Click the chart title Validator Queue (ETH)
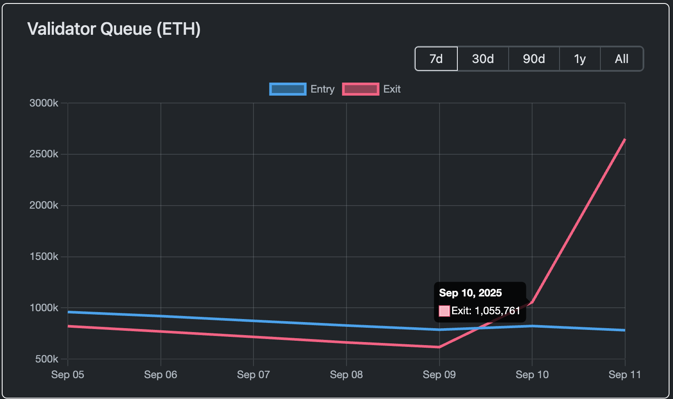(x=114, y=29)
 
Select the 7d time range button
(x=436, y=59)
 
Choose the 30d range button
(x=483, y=59)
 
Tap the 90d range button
(x=534, y=59)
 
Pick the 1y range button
(x=580, y=59)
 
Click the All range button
(x=622, y=59)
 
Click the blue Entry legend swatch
(x=288, y=89)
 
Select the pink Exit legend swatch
(x=360, y=89)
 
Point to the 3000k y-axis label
(x=44, y=103)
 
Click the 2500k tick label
(x=44, y=154)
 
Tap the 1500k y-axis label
(x=44, y=256)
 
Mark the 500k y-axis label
(x=47, y=359)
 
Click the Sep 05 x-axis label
(x=68, y=375)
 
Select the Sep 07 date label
(x=253, y=375)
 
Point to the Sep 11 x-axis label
(x=625, y=375)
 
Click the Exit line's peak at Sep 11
(x=625, y=140)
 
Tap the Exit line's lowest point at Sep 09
(x=439, y=347)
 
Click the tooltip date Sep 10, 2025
(x=470, y=293)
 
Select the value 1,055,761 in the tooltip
(x=497, y=311)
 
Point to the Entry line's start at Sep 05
(x=68, y=312)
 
